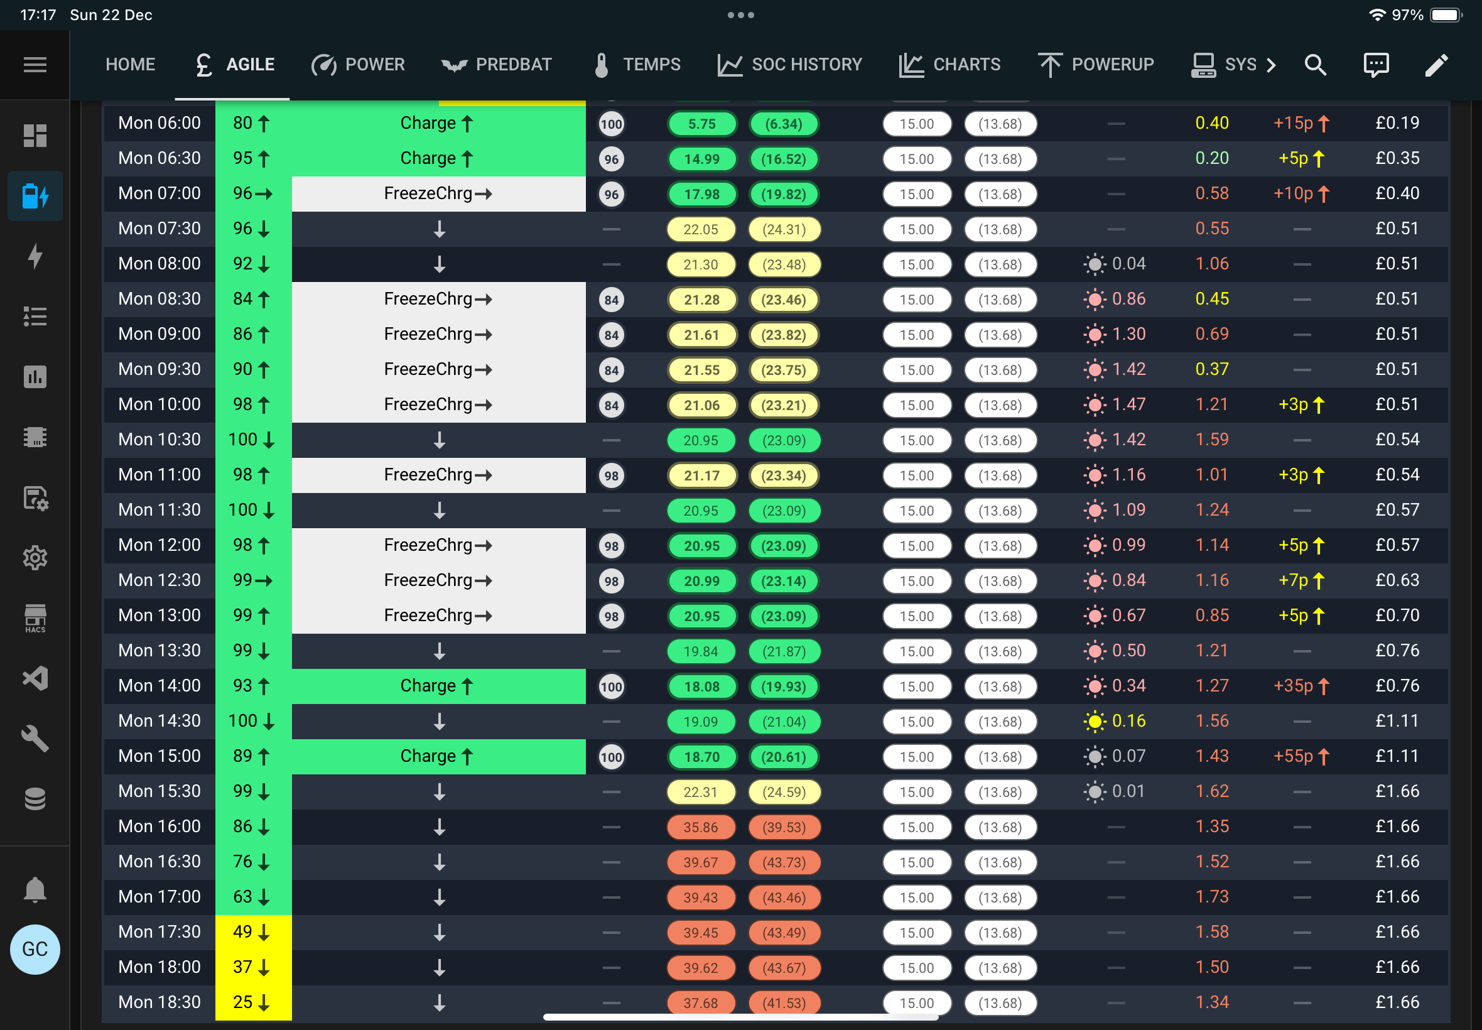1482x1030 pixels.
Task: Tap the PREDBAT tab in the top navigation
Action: [496, 65]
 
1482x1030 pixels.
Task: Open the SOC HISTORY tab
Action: [790, 65]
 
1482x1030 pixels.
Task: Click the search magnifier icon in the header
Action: [1315, 65]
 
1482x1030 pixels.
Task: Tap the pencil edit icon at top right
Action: [1436, 65]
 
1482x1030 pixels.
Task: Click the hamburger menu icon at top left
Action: [35, 65]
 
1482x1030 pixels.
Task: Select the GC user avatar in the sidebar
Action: [35, 950]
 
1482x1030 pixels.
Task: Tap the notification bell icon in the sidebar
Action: [35, 889]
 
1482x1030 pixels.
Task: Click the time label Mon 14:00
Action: [160, 685]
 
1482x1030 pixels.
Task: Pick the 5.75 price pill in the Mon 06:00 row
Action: [702, 124]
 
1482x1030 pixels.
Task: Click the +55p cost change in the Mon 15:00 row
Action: [1301, 756]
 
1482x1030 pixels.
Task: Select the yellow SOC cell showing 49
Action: [253, 932]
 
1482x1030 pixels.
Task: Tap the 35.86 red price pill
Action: [701, 827]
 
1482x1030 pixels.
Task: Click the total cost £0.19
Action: [1397, 122]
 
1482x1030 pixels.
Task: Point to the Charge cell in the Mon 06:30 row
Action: [438, 159]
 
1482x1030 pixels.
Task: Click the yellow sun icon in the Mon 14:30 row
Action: [1095, 722]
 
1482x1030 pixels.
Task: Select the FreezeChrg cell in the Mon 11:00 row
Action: [438, 475]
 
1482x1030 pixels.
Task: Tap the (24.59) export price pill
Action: [784, 792]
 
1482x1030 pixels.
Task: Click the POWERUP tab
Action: [1096, 65]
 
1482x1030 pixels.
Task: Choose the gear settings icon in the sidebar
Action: [35, 558]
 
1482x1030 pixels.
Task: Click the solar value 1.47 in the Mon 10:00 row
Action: [1128, 404]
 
